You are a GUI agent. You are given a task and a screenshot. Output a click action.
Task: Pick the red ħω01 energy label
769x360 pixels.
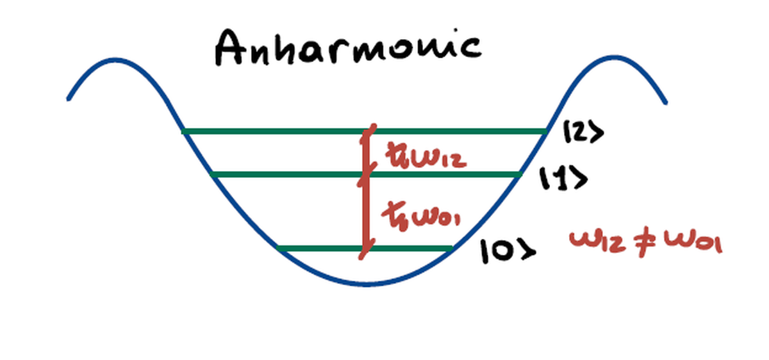coord(426,216)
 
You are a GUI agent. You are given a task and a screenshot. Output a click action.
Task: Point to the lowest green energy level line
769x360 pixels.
coord(320,248)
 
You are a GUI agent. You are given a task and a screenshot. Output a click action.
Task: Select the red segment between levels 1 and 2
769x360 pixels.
coord(366,152)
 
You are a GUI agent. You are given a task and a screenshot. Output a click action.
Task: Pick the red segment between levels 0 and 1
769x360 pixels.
coord(365,211)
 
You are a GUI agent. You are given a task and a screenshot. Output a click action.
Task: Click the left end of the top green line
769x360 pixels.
coord(185,131)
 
